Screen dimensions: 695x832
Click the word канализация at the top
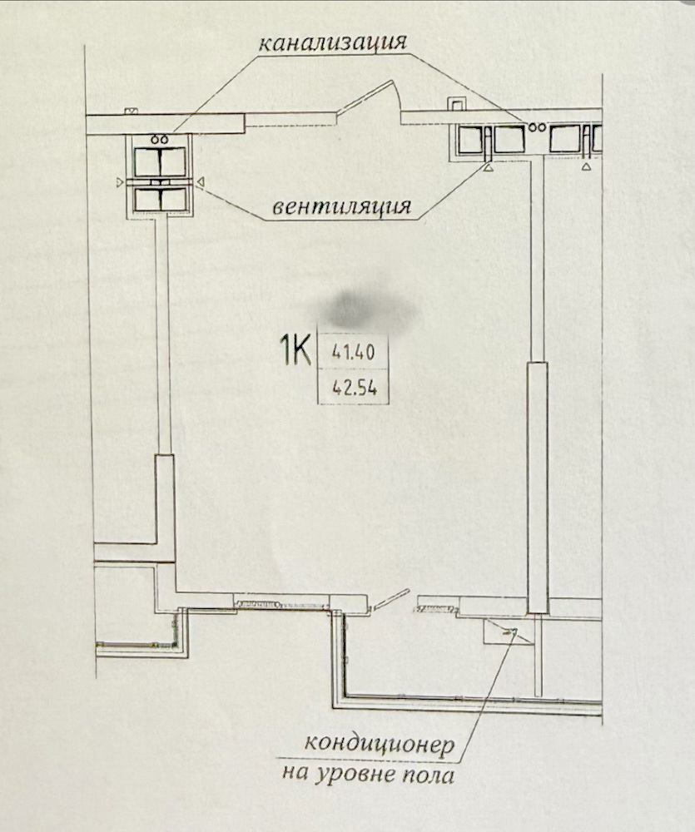(x=332, y=43)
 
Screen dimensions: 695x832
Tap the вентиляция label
(x=341, y=206)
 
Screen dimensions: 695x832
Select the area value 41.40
(x=354, y=352)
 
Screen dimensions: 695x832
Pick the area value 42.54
(x=355, y=388)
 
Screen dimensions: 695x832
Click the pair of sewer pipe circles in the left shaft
(x=159, y=140)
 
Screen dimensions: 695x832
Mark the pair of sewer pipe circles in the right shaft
(x=537, y=126)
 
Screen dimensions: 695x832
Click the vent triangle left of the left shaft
(x=120, y=182)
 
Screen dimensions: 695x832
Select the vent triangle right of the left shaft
(x=200, y=182)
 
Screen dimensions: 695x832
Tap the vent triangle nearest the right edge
(x=586, y=166)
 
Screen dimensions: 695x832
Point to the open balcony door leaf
(x=390, y=600)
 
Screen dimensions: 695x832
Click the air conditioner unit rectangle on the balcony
(x=508, y=632)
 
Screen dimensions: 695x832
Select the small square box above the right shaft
(x=455, y=104)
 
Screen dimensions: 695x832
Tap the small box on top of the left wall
(x=131, y=111)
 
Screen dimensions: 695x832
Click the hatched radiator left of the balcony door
(x=258, y=604)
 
